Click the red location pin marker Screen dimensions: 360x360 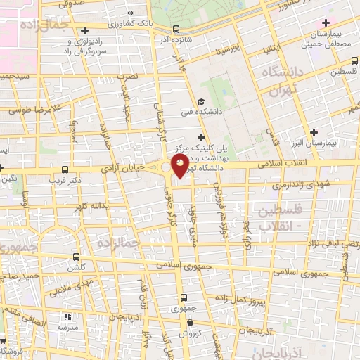[180, 167]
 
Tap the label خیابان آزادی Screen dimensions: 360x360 [125, 168]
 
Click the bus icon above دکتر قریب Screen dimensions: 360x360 [65, 169]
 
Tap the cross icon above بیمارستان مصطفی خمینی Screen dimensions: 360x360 [325, 22]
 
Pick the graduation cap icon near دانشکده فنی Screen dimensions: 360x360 [201, 101]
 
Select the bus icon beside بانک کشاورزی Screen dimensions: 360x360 [175, 30]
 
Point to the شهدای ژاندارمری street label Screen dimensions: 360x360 [271, 184]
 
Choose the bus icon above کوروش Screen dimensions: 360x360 [189, 323]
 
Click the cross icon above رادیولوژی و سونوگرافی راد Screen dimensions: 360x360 [85, 30]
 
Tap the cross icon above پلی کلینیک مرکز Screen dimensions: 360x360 [202, 137]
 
